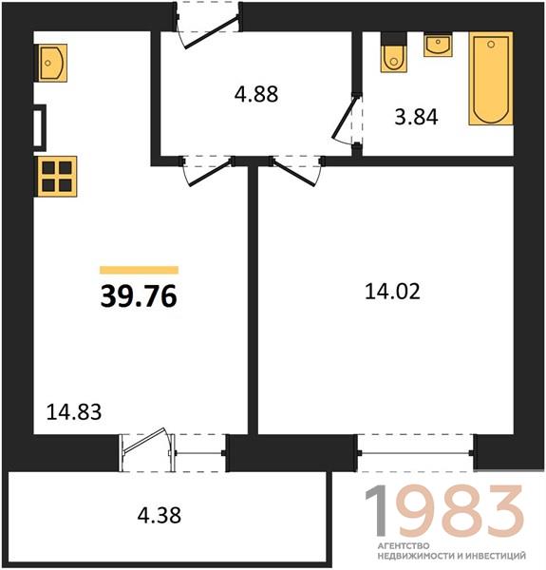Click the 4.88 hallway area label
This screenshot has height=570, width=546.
256,94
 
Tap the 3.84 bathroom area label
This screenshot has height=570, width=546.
416,117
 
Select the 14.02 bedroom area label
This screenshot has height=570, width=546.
392,292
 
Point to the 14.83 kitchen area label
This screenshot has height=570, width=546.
74,412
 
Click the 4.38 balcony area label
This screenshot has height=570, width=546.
160,515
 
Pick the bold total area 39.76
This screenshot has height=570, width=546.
139,295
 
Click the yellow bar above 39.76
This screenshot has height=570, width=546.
140,270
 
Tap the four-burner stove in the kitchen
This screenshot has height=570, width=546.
56,177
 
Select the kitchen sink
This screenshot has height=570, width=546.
52,63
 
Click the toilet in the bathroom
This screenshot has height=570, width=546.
393,52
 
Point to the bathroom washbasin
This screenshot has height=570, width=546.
438,45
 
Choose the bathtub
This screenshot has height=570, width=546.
491,79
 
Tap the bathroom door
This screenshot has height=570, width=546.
348,118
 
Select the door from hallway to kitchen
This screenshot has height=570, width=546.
208,170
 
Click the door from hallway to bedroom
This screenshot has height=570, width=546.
296,170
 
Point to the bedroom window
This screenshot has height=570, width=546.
416,453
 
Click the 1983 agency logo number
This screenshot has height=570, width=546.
444,511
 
